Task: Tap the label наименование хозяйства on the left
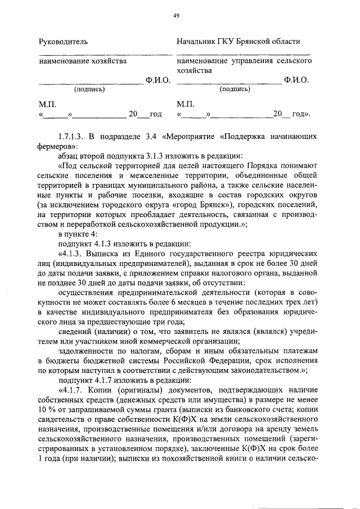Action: (x=83, y=61)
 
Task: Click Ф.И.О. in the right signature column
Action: (x=296, y=80)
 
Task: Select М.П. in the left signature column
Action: (x=47, y=104)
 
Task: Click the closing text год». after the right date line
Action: (x=301, y=114)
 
